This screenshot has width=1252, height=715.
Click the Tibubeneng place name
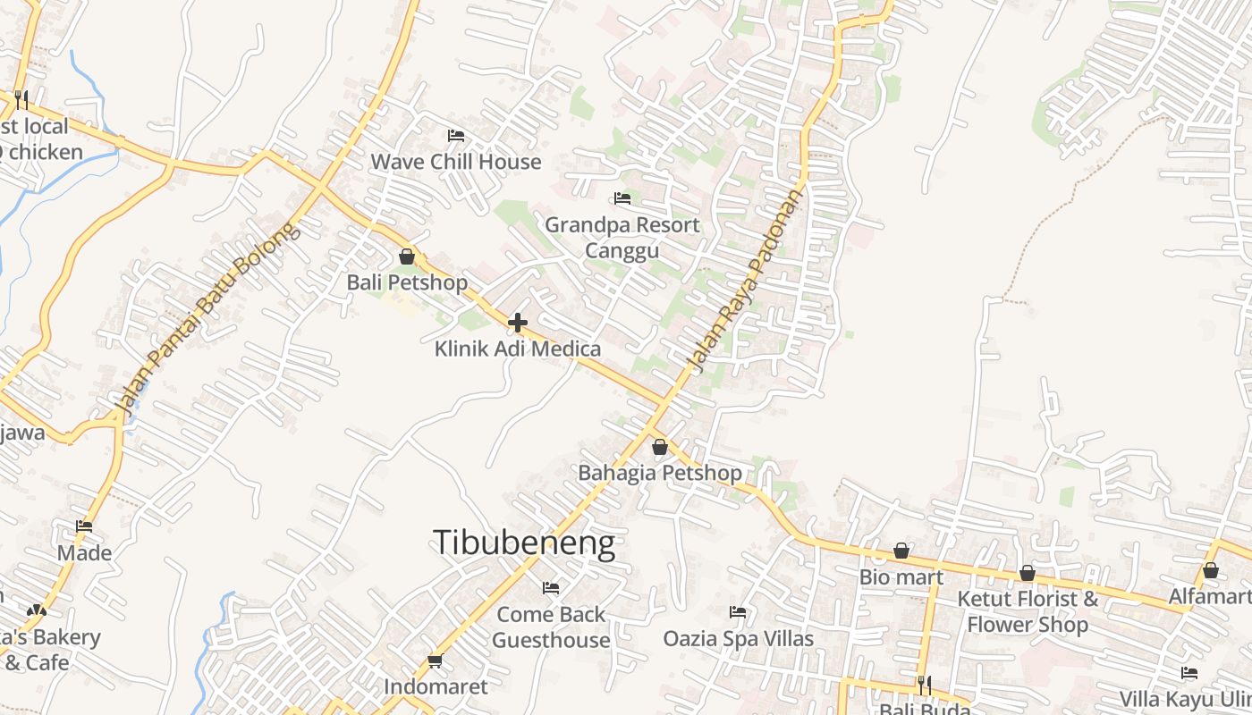[524, 543]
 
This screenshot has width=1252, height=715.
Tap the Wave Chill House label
[456, 162]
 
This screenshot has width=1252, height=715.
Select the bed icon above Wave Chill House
[456, 136]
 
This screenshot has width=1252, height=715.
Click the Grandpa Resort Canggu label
[622, 237]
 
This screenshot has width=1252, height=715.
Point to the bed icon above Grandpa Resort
[622, 198]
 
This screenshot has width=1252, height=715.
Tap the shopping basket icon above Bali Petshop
[407, 257]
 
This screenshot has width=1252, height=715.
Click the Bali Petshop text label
[407, 282]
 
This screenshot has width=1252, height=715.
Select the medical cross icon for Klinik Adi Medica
[518, 323]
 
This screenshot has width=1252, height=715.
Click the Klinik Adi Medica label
[518, 349]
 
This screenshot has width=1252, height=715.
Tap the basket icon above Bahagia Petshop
[660, 447]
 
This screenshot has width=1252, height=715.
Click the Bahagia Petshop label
[660, 473]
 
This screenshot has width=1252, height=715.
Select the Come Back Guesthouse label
[551, 627]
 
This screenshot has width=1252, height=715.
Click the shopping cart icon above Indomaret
[436, 660]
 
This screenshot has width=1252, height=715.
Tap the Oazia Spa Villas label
[739, 638]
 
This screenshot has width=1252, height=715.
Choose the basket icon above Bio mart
[901, 551]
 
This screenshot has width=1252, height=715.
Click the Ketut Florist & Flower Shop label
[1028, 611]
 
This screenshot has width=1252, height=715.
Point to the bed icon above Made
[84, 526]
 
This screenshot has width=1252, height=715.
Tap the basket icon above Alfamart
[1211, 570]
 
